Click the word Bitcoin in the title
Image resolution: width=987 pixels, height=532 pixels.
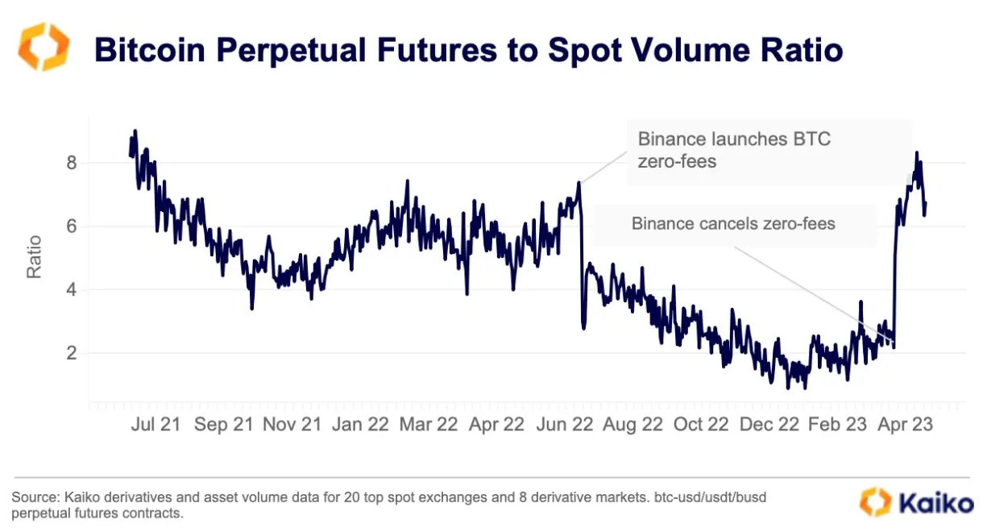[x=152, y=50]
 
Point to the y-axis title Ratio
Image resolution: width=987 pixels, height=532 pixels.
[x=34, y=256]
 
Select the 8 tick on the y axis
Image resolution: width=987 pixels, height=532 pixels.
[x=71, y=164]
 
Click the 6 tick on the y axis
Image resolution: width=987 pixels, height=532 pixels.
[x=71, y=227]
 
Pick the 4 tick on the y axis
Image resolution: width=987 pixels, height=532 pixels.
[x=71, y=289]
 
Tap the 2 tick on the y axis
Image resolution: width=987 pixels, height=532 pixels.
[x=71, y=353]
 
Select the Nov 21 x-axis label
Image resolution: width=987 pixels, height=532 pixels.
[x=292, y=424]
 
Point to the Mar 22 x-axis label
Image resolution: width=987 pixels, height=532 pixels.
[x=429, y=424]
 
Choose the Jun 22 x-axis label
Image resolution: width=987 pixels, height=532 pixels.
[x=566, y=424]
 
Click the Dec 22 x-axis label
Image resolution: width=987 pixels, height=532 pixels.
[x=769, y=424]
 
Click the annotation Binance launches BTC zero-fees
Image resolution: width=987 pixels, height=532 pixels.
[x=733, y=150]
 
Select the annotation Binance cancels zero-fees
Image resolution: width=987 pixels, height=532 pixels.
[x=733, y=223]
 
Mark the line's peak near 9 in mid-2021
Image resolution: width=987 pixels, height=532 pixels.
[x=135, y=131]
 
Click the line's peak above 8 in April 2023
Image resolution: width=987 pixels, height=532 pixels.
[x=916, y=153]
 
